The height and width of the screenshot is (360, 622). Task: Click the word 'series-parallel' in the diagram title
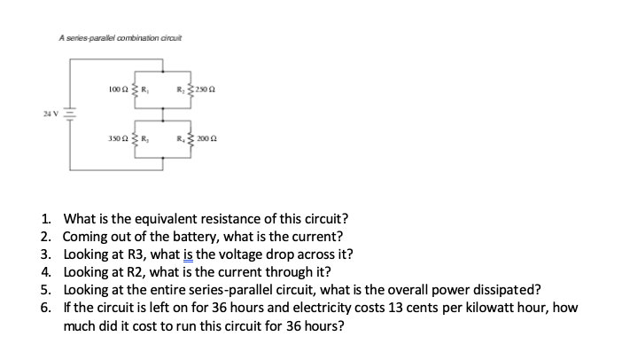[x=97, y=36]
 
